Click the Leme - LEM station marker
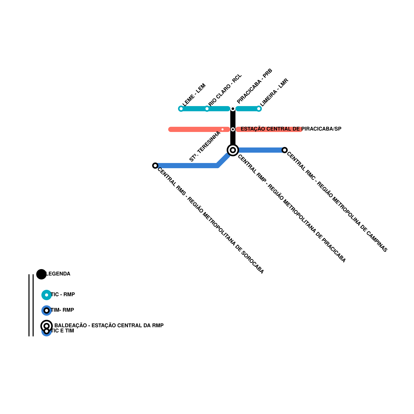(181, 109)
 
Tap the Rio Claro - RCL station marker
(207, 109)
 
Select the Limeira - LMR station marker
(259, 109)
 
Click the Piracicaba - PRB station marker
(233, 109)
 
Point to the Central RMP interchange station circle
(233, 150)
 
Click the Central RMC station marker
(285, 150)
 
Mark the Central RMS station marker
(155, 166)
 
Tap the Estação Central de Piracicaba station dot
(233, 129)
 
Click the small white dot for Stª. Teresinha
(223, 129)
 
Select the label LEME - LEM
(194, 94)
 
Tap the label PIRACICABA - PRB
(255, 86)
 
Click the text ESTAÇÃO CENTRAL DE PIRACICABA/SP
(291, 129)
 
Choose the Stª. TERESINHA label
(205, 146)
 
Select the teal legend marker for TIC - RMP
(47, 295)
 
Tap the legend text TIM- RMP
(62, 310)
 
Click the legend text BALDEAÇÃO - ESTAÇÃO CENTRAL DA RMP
(109, 326)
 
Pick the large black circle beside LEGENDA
(41, 274)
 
